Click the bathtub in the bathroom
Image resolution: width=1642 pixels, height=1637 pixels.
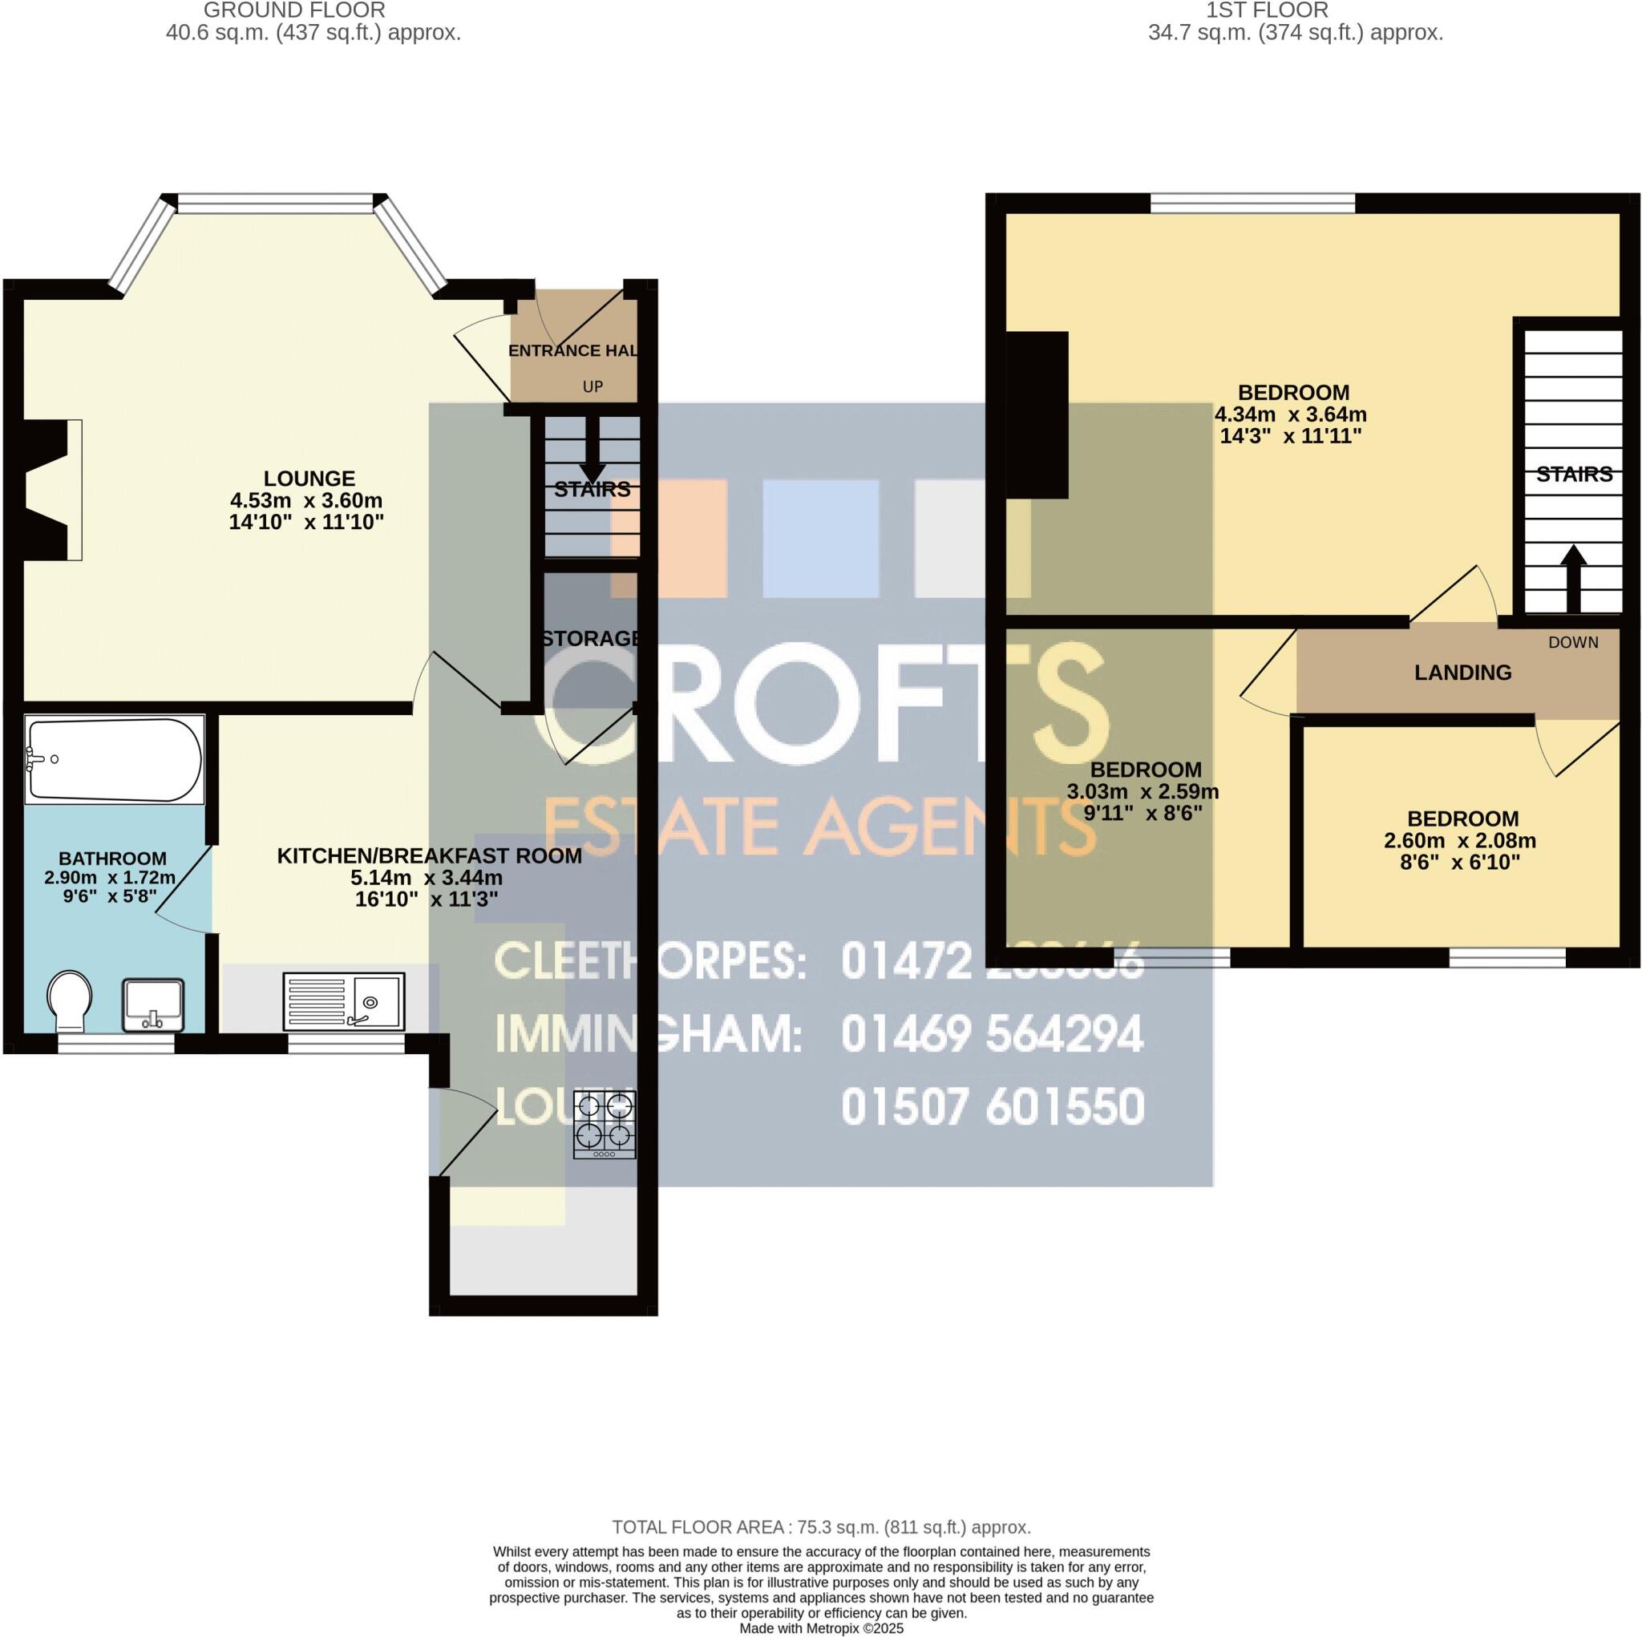[115, 759]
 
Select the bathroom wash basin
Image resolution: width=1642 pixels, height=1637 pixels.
[153, 1004]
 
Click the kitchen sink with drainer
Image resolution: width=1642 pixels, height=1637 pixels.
[343, 1001]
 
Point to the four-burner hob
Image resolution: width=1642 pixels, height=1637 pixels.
[605, 1125]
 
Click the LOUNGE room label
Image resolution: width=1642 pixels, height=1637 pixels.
[309, 479]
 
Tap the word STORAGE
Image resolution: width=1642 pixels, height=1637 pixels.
[591, 638]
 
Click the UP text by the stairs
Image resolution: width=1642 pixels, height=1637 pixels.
[592, 386]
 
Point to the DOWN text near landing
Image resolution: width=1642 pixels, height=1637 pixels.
[1573, 643]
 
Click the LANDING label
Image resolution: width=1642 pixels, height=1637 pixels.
[1462, 673]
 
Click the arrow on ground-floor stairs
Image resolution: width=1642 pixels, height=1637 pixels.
[592, 460]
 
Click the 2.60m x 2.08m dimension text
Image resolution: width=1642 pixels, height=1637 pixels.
[1462, 841]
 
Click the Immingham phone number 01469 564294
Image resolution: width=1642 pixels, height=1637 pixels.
[992, 1034]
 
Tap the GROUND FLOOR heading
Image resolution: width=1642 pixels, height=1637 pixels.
[295, 11]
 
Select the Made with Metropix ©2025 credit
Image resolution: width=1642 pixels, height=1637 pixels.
[821, 1628]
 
